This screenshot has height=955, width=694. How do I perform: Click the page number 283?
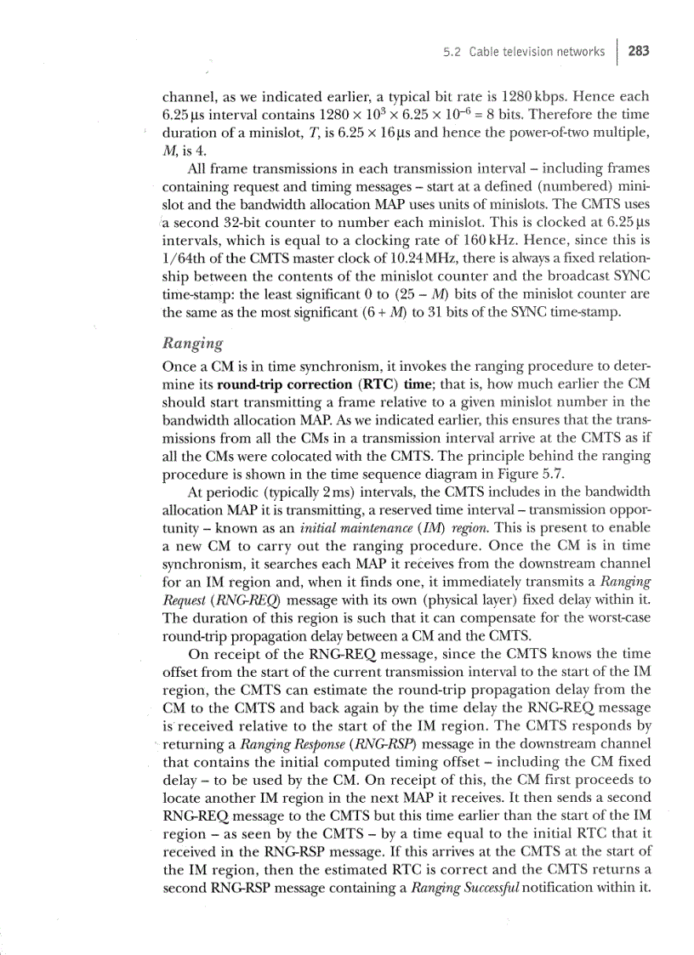click(x=639, y=51)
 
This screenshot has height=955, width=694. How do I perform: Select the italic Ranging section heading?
click(x=192, y=344)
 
